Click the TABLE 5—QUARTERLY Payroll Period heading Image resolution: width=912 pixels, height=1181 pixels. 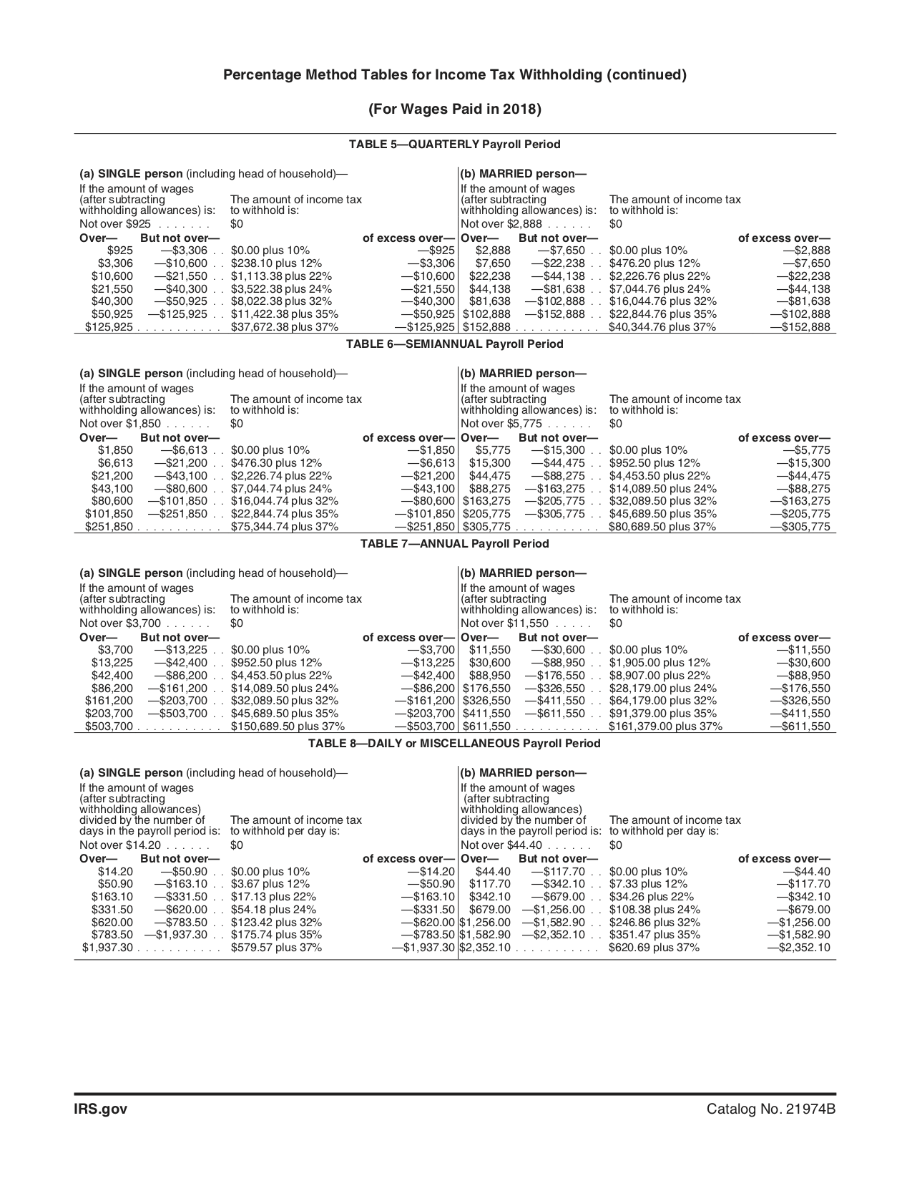[x=454, y=145]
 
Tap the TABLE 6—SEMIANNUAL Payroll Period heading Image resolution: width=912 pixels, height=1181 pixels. [x=454, y=344]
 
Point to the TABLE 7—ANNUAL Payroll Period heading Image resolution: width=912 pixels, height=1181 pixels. [x=454, y=544]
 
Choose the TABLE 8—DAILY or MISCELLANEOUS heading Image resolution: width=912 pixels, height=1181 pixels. [x=454, y=744]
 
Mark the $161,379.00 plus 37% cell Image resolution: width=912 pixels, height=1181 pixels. [x=665, y=726]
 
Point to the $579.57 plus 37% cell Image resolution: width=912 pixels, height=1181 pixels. [x=276, y=948]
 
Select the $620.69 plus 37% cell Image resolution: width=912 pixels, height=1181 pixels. [x=654, y=948]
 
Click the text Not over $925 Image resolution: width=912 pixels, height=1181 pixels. [x=115, y=224]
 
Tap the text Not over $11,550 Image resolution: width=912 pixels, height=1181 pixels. [x=504, y=623]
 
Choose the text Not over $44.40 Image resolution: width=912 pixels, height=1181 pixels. [x=501, y=845]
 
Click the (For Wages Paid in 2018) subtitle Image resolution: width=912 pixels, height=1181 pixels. [x=454, y=110]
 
